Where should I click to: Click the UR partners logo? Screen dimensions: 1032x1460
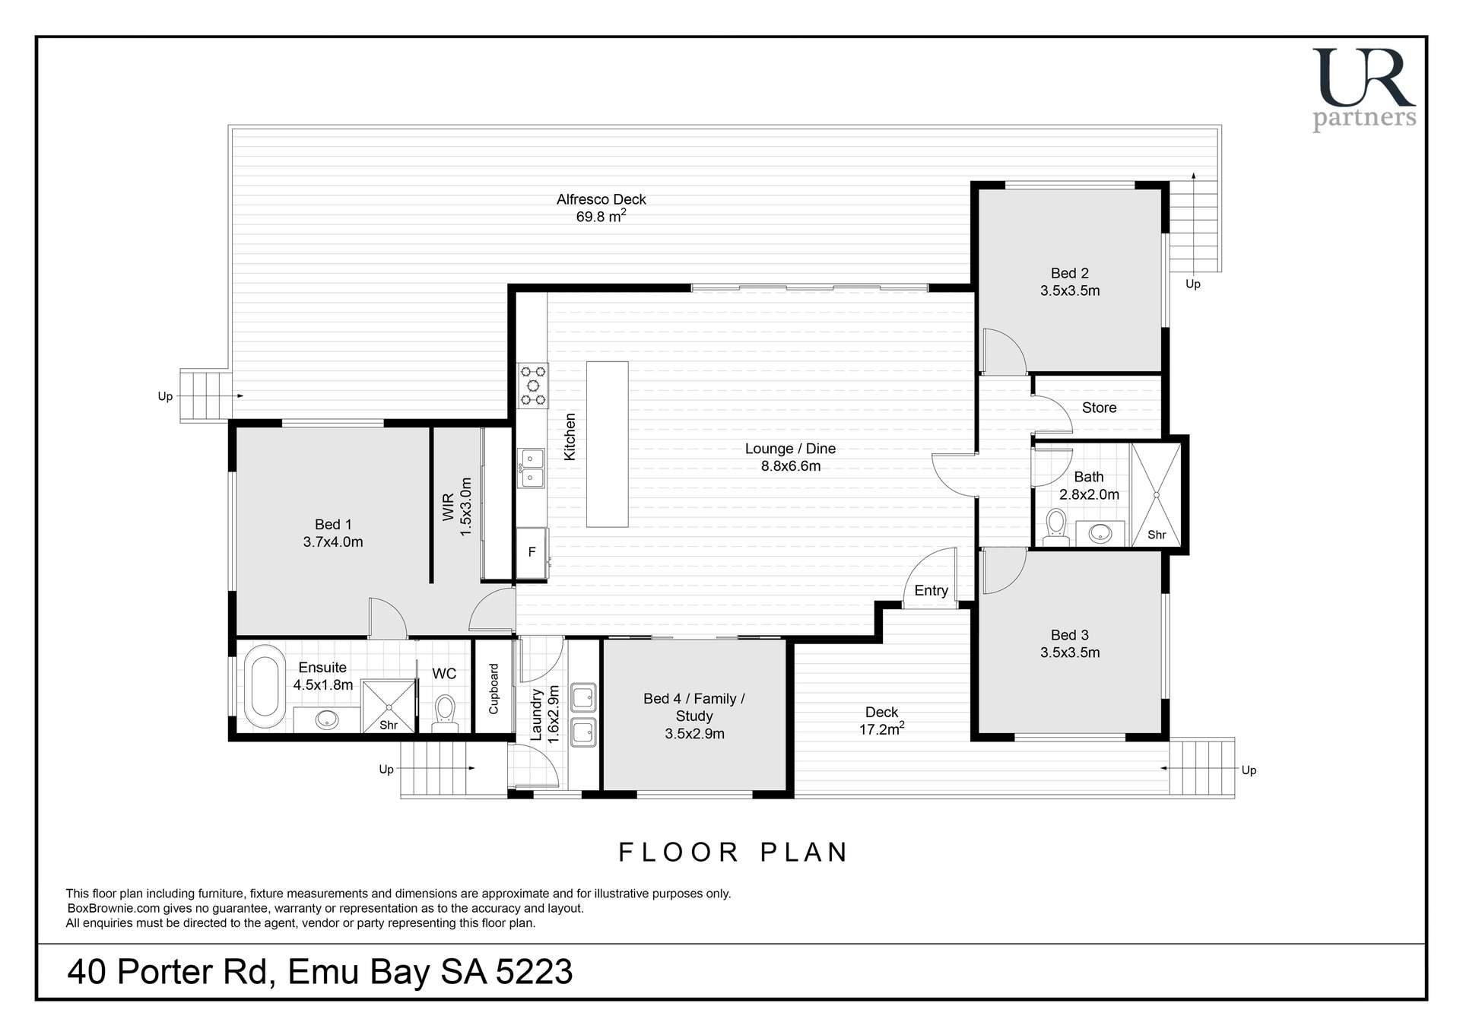click(1364, 89)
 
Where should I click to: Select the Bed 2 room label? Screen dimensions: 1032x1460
click(1070, 281)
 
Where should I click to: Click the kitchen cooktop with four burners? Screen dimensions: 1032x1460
click(532, 386)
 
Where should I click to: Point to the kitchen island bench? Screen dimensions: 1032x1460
click(607, 444)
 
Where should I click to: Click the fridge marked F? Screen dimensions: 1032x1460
click(532, 553)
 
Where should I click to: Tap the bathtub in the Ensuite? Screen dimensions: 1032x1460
click(265, 687)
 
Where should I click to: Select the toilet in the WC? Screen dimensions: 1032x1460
click(446, 711)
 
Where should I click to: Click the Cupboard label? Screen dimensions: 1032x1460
click(494, 688)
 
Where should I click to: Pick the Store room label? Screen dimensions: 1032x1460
click(1099, 408)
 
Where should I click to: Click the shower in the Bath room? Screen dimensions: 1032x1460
click(1156, 494)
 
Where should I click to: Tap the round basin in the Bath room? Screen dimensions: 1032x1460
click(1100, 533)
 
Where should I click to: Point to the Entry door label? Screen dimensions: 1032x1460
click(931, 590)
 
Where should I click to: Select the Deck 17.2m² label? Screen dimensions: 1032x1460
click(881, 721)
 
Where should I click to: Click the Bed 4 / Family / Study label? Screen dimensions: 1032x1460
click(693, 716)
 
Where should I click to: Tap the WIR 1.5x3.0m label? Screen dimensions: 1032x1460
click(457, 506)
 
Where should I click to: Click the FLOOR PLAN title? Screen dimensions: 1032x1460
click(733, 852)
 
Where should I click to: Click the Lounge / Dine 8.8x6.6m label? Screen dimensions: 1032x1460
click(790, 457)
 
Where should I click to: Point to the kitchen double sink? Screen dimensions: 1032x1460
click(532, 468)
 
